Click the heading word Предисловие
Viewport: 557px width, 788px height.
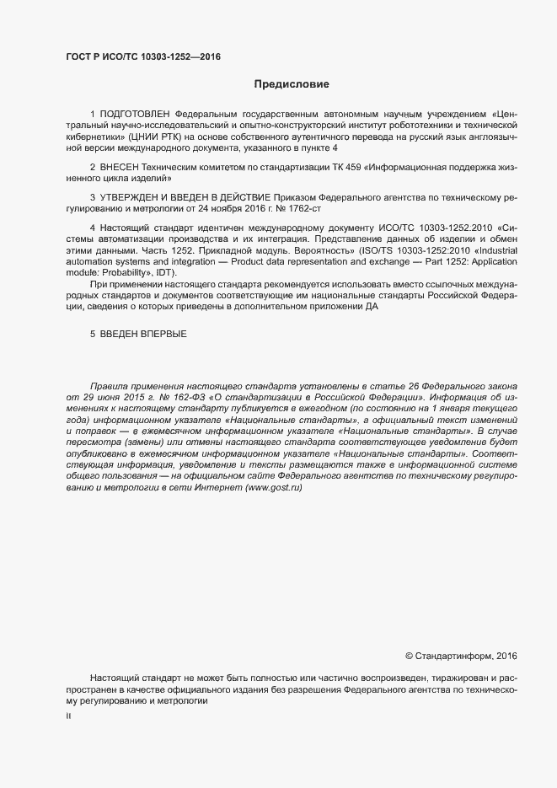coord(292,84)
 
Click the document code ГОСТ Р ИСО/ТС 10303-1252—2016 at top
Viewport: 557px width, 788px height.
coord(143,56)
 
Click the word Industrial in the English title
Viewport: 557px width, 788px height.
coord(492,250)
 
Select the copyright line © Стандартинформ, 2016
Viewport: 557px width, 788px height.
coord(461,656)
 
